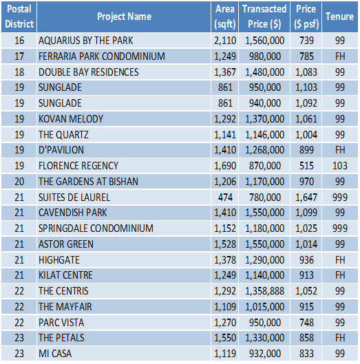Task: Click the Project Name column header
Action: pos(124,17)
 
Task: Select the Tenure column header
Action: pos(339,17)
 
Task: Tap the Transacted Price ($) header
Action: pos(264,17)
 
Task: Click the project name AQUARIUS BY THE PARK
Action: pos(86,41)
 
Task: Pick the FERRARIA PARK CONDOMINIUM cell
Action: pos(102,56)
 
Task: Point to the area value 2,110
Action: pos(225,41)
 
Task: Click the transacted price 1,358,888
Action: pos(264,291)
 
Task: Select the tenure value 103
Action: pos(340,166)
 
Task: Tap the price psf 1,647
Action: pos(306,197)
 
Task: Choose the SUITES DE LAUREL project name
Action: pos(74,197)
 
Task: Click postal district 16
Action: pos(19,41)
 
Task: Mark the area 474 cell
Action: pos(225,197)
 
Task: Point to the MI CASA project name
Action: pos(55,354)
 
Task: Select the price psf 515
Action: pos(306,166)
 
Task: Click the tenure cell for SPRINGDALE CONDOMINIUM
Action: pos(340,228)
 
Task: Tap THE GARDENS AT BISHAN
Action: pos(88,182)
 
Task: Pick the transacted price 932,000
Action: pos(265,354)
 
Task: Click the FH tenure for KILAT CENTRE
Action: pos(340,275)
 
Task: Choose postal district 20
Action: pos(19,182)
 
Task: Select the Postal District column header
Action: pos(19,17)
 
